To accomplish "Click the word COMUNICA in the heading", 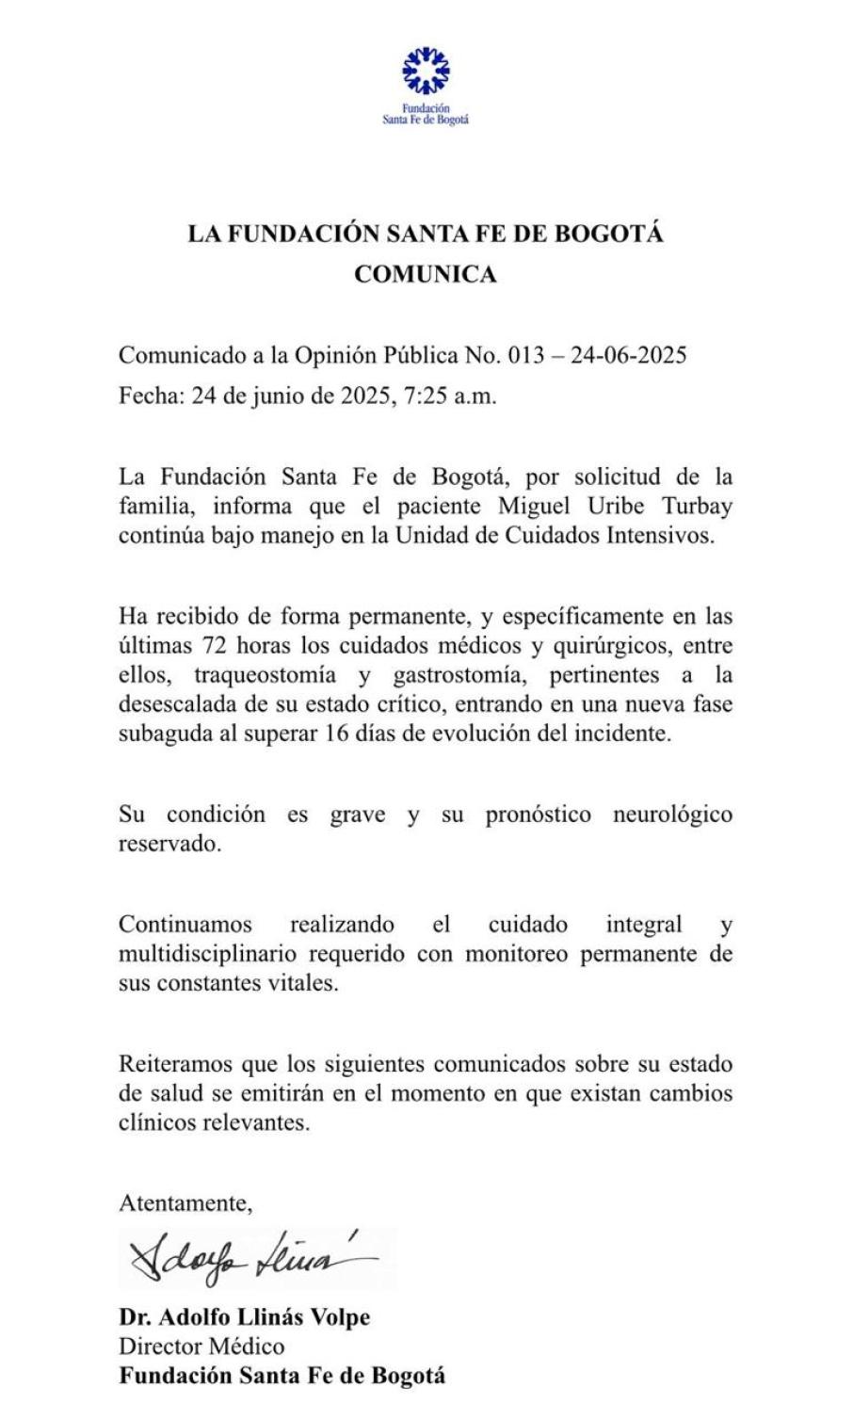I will click(x=426, y=274).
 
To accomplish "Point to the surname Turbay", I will click(x=697, y=506).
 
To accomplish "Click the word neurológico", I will click(x=672, y=815).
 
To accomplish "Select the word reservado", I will click(x=169, y=845).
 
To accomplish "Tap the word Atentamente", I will click(x=185, y=1202).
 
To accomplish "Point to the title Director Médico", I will click(x=201, y=1346).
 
